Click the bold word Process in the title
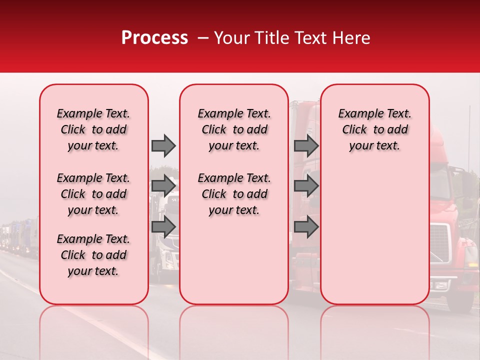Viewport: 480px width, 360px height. (154, 38)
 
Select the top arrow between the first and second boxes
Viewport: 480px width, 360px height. (163, 145)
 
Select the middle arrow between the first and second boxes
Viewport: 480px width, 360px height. (163, 186)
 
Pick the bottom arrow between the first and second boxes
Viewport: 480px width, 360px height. (163, 227)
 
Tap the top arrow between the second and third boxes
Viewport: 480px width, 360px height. (306, 145)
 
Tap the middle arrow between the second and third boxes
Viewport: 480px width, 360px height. (306, 186)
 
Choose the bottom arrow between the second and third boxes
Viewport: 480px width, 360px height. (306, 227)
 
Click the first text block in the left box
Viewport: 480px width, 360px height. (93, 129)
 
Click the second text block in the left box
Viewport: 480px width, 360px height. (93, 194)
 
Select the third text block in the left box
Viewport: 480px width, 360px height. (93, 255)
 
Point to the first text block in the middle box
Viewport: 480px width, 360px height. (234, 129)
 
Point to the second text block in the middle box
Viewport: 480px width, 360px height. (234, 194)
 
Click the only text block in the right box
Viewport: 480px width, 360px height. (374, 129)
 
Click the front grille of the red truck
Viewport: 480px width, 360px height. (440, 245)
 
